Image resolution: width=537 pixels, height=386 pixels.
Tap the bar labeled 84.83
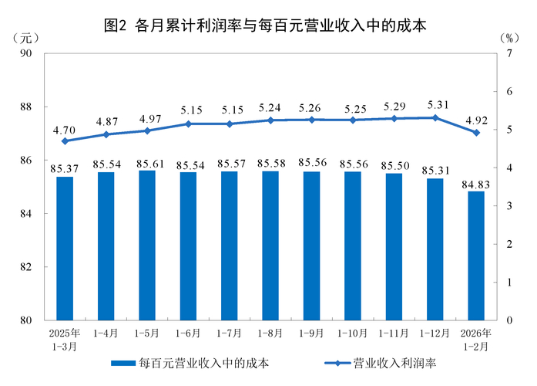coord(476,255)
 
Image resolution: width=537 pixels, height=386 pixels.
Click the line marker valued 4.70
coord(65,141)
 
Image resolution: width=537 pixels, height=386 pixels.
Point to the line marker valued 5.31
coord(435,118)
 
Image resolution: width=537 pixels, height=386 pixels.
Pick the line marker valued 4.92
coord(476,133)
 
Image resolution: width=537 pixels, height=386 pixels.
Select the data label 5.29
coord(394,107)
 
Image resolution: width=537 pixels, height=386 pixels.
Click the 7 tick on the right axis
coord(509,53)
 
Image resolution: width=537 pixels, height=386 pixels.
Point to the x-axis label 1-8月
coord(270,334)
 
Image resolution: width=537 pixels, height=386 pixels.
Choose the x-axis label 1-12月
coord(435,334)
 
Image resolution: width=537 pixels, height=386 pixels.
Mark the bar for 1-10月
coord(353,245)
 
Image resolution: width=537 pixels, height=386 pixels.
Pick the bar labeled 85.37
coord(65,248)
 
